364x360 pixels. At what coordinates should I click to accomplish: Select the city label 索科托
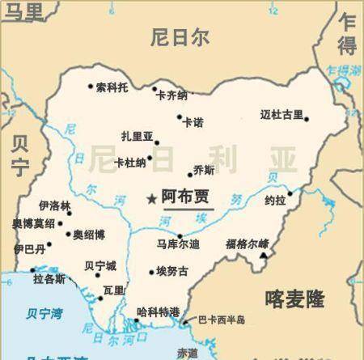[112, 87]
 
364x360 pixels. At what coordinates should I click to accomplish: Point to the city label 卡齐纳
[171, 95]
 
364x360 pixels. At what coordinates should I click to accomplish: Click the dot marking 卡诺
[180, 117]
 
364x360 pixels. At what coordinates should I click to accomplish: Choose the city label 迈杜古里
[281, 114]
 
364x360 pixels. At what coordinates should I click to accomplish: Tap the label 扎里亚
[137, 137]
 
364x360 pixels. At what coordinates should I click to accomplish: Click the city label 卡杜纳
[131, 163]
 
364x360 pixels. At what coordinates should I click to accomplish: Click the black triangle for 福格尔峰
[264, 256]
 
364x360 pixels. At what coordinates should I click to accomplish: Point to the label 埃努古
[171, 272]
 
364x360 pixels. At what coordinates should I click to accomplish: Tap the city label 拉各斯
[49, 279]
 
